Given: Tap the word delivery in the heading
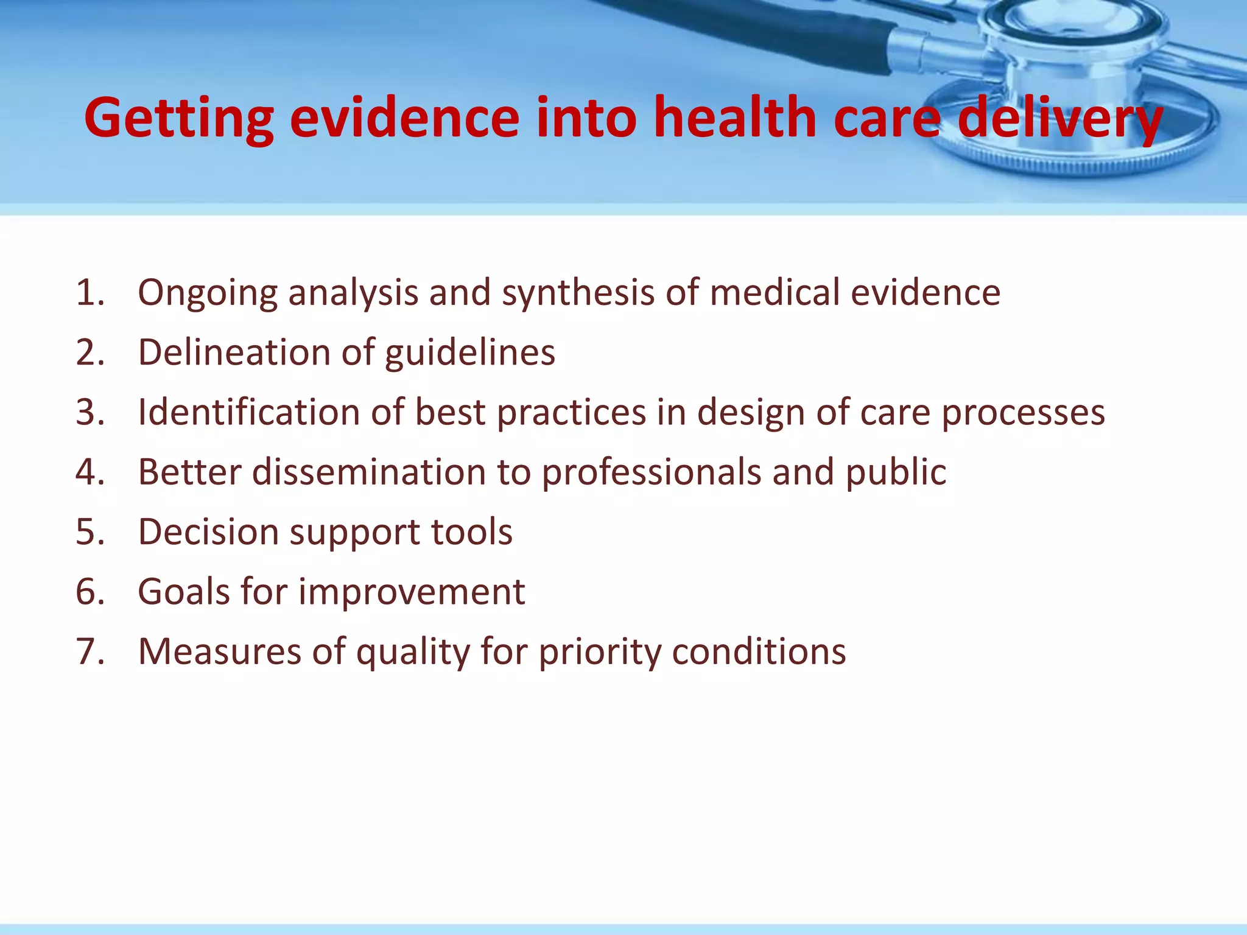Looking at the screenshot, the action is (1060, 119).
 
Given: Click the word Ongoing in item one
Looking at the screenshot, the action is (207, 293).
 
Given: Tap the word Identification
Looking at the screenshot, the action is (249, 412).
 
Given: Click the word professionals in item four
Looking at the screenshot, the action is (652, 473).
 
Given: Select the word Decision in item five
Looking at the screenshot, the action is (208, 531).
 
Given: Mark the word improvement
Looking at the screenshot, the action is (412, 592).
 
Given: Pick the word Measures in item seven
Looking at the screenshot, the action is (219, 651).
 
